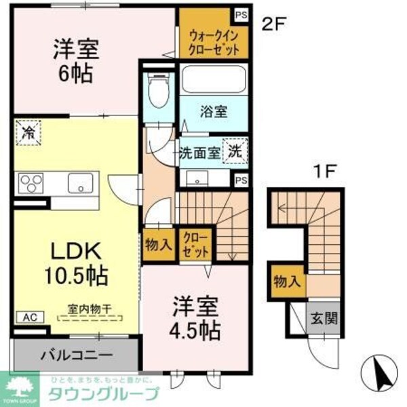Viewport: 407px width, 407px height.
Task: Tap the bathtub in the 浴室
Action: (212, 80)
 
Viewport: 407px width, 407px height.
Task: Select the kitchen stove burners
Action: (30, 182)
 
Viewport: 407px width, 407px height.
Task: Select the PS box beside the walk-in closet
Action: (240, 14)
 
